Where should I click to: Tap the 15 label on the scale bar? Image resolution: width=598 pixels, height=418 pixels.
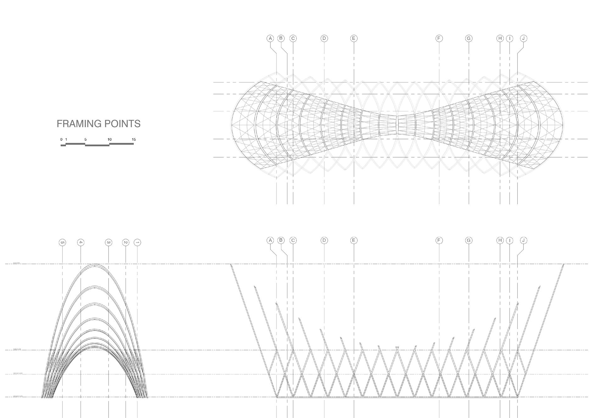134,139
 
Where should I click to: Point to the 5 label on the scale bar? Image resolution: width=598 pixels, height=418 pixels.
85,139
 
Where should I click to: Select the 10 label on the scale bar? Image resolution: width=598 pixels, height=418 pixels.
110,139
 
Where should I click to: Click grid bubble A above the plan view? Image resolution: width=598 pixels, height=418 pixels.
270,38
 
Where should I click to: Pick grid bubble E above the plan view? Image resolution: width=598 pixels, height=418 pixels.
354,38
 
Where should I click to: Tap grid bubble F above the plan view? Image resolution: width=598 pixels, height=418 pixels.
439,38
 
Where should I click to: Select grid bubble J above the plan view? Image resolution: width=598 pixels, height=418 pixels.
523,38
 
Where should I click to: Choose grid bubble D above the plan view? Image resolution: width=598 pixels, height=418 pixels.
324,38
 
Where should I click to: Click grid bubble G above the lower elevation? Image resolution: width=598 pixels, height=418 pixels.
469,240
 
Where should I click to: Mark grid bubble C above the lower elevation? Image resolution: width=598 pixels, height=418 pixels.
293,240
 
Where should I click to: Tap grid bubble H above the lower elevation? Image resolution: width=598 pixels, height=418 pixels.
500,240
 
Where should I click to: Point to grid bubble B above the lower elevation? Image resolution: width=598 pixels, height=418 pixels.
281,240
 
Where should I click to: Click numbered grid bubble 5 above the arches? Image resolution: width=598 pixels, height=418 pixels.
62,242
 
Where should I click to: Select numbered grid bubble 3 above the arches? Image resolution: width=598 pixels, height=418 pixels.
109,242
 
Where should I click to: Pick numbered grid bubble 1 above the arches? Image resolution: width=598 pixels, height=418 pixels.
137,242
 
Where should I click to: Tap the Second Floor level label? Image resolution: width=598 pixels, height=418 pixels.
18,373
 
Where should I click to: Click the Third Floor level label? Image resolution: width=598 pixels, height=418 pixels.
17,349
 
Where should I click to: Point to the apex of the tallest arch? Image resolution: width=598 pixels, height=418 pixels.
95,265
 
